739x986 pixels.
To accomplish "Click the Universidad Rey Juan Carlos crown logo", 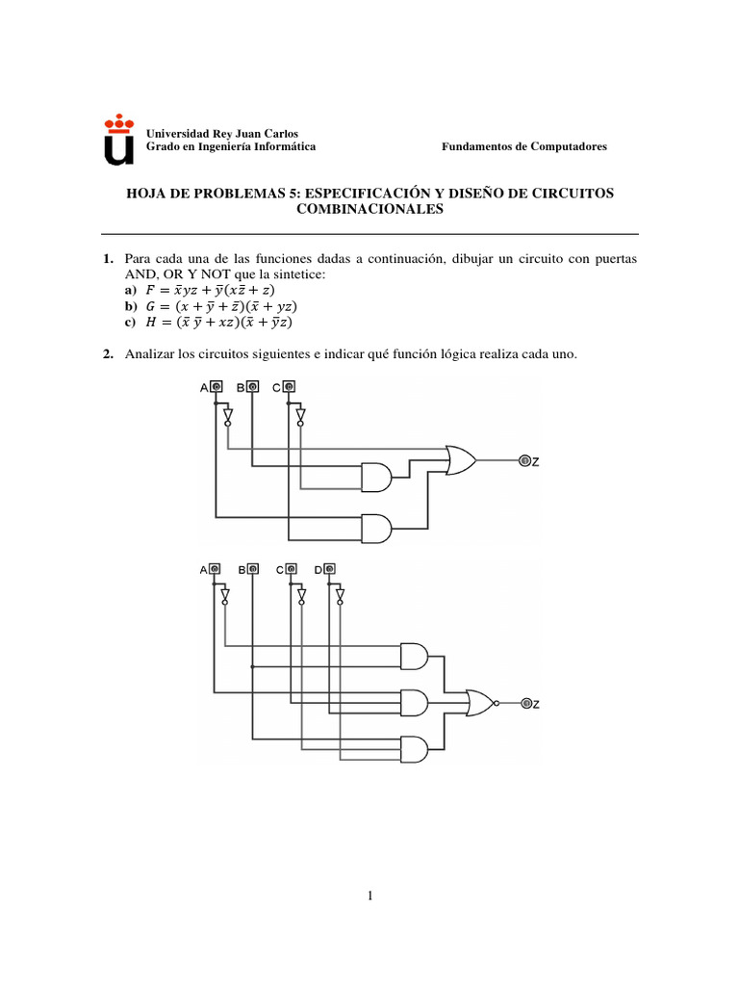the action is [x=118, y=139].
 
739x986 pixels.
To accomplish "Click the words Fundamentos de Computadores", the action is [x=523, y=146].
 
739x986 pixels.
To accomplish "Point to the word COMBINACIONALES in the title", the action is [x=369, y=209].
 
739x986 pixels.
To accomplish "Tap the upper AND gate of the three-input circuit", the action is [x=375, y=474].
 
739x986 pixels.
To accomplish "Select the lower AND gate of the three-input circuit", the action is [x=375, y=527].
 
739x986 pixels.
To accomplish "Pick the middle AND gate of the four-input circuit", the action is [x=413, y=703].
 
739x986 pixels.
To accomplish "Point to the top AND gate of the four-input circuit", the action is [x=413, y=656].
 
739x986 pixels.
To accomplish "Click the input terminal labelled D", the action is [x=330, y=569].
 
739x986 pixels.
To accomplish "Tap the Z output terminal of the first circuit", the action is [x=525, y=461].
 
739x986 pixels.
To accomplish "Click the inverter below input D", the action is [x=340, y=596].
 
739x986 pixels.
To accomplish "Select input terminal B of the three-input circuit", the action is [x=252, y=387].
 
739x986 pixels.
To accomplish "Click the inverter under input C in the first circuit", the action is [x=300, y=415].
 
